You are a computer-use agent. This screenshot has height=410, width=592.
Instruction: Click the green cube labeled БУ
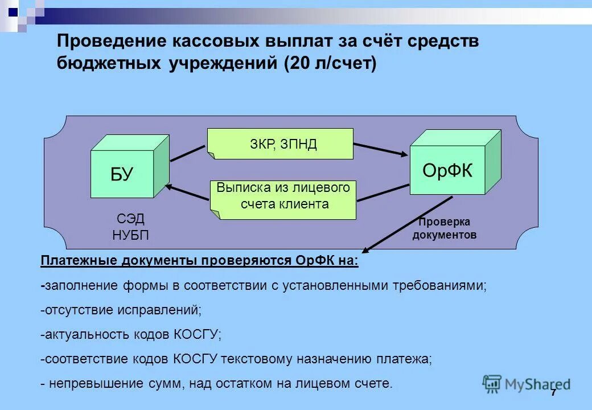pyautogui.click(x=122, y=173)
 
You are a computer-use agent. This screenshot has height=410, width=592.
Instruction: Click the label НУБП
pyautogui.click(x=130, y=235)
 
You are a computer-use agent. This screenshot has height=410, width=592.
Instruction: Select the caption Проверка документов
pyautogui.click(x=445, y=228)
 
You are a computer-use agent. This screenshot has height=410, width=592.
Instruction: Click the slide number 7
pyautogui.click(x=553, y=393)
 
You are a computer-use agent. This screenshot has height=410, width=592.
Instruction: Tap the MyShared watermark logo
pyautogui.click(x=526, y=384)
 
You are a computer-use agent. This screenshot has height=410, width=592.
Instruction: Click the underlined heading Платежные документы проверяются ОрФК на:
pyautogui.click(x=200, y=261)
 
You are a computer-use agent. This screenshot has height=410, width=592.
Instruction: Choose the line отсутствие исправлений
pyautogui.click(x=121, y=310)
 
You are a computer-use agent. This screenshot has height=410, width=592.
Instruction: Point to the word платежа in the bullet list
pyautogui.click(x=404, y=359)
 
